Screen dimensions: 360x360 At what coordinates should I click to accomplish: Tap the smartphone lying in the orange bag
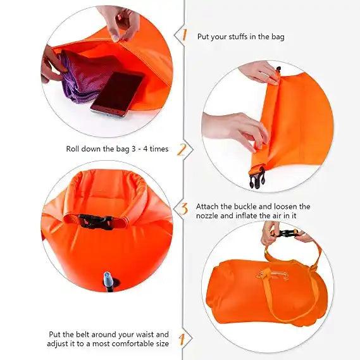point(117,92)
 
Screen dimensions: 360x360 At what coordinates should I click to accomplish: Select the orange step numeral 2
point(182,149)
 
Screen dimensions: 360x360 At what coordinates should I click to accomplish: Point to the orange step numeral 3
point(184,208)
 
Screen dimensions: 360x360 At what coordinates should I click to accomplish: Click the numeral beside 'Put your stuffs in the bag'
point(184,35)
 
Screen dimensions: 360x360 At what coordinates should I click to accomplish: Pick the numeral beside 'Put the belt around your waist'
point(182,338)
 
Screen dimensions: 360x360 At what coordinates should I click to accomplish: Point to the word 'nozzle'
point(208,216)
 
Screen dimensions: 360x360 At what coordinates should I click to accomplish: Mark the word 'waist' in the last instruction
point(158,334)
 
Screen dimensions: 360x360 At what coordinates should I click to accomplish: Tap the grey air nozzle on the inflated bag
point(108,280)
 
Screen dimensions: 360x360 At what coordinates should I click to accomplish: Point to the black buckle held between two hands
point(287,233)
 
